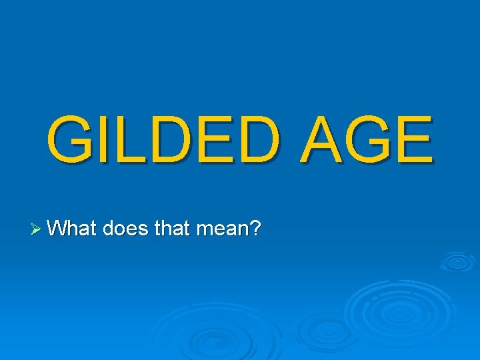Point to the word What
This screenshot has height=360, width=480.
click(x=73, y=229)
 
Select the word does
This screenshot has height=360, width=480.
click(x=126, y=229)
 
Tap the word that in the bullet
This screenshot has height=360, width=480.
click(x=171, y=229)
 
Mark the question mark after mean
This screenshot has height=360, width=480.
click(x=254, y=229)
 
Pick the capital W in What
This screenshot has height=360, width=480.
click(x=58, y=229)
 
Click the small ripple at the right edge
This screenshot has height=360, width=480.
click(x=457, y=261)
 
